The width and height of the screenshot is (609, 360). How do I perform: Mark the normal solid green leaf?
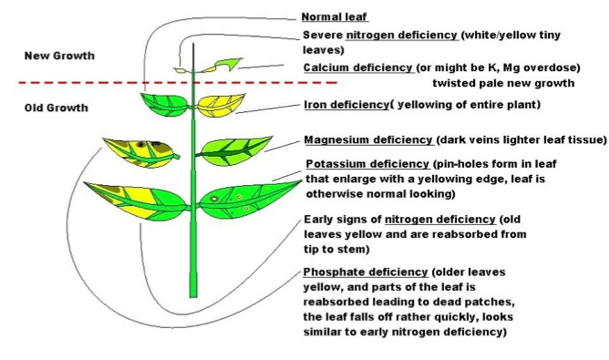(x=165, y=101)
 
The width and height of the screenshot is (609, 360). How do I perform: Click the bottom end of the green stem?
(x=193, y=294)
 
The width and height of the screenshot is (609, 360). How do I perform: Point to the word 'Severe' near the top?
(x=322, y=35)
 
